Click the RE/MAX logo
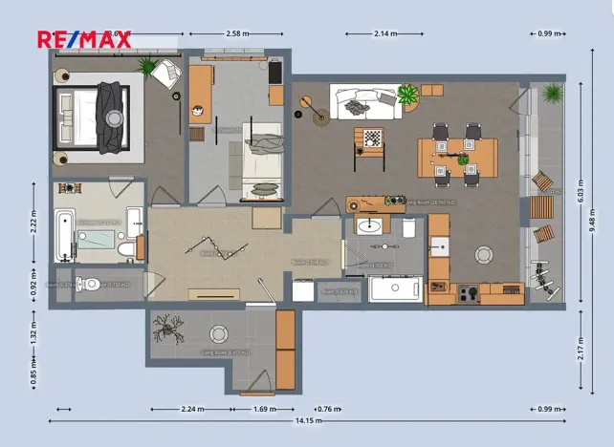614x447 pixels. [x=83, y=39]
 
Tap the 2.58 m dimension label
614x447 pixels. [x=237, y=33]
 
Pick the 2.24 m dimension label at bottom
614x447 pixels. [x=194, y=409]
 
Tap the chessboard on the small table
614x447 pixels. [x=371, y=138]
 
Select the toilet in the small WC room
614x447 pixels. [x=89, y=284]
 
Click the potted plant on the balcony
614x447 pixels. [x=552, y=94]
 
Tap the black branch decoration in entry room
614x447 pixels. [x=172, y=328]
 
